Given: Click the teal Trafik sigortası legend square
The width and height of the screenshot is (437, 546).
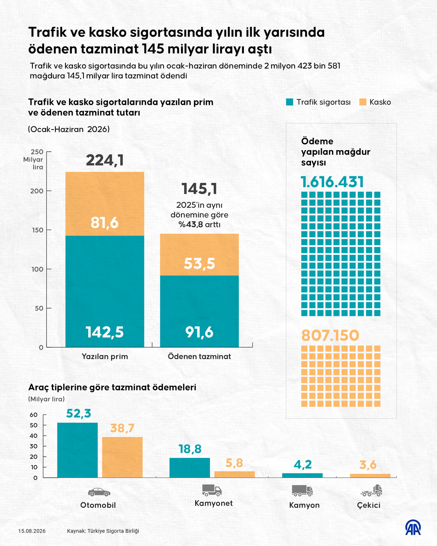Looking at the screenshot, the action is tap(290, 102).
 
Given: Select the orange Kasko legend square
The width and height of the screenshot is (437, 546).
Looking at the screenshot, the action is tap(363, 102).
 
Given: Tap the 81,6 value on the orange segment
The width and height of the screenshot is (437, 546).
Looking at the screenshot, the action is tap(105, 223).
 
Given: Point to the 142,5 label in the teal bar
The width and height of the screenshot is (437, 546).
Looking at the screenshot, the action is tap(105, 332).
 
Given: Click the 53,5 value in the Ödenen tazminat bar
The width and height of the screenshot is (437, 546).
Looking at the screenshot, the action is tap(199, 263).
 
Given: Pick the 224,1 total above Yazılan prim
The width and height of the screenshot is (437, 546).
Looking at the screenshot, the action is tap(105, 160).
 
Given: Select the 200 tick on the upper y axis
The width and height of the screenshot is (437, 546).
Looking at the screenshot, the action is tap(37, 191).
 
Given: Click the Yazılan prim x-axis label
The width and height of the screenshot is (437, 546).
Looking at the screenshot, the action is tap(105, 356).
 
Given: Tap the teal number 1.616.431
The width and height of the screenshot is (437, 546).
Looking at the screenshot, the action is tap(332, 182).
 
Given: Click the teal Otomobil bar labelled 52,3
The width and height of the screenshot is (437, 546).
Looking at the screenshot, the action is tap(77, 450).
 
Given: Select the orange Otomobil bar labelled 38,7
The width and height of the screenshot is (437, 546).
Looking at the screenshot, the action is tap(123, 457).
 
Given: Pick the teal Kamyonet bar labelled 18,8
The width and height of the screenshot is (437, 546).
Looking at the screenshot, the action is tap(190, 468).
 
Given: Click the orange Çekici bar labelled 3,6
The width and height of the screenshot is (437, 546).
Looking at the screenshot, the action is tap(370, 475).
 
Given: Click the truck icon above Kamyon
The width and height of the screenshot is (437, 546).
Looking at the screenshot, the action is tap(302, 491).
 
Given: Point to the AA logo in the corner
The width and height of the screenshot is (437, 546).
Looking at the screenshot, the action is tap(413, 528).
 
